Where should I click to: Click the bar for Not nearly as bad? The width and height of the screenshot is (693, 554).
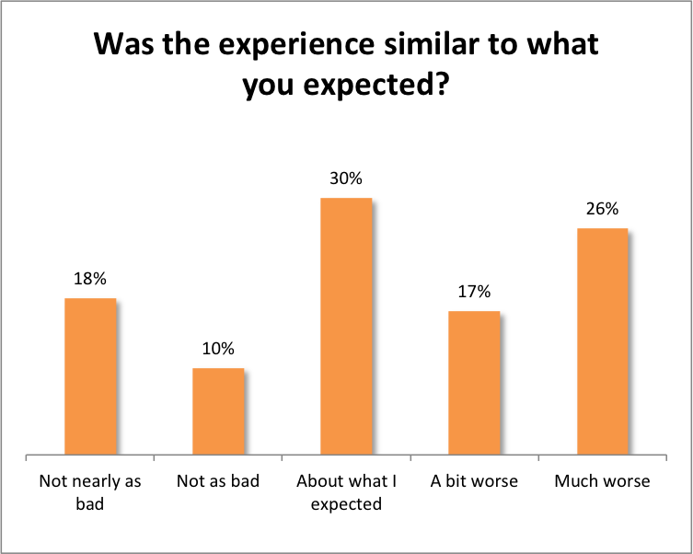pyautogui.click(x=90, y=376)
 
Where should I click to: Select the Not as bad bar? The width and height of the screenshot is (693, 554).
pyautogui.click(x=218, y=411)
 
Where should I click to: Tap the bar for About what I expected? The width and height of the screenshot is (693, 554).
pyautogui.click(x=346, y=326)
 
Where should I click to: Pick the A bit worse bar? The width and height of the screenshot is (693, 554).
pyautogui.click(x=474, y=383)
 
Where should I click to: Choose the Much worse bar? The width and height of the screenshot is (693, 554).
pyautogui.click(x=602, y=341)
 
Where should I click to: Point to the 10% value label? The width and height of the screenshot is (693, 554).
pyautogui.click(x=218, y=349)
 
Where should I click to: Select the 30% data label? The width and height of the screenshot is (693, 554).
pyautogui.click(x=346, y=179)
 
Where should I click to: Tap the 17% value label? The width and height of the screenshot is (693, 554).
pyautogui.click(x=474, y=293)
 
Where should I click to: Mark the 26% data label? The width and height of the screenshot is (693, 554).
pyautogui.click(x=602, y=210)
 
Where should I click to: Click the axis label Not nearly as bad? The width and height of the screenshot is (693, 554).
pyautogui.click(x=90, y=491)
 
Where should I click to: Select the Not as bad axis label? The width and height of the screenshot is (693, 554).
pyautogui.click(x=218, y=481)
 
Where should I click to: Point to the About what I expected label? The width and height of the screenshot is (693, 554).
pyautogui.click(x=346, y=491)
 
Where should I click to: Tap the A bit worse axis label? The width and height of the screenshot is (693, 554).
pyautogui.click(x=474, y=481)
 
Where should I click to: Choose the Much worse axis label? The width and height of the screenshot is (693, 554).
pyautogui.click(x=602, y=481)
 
